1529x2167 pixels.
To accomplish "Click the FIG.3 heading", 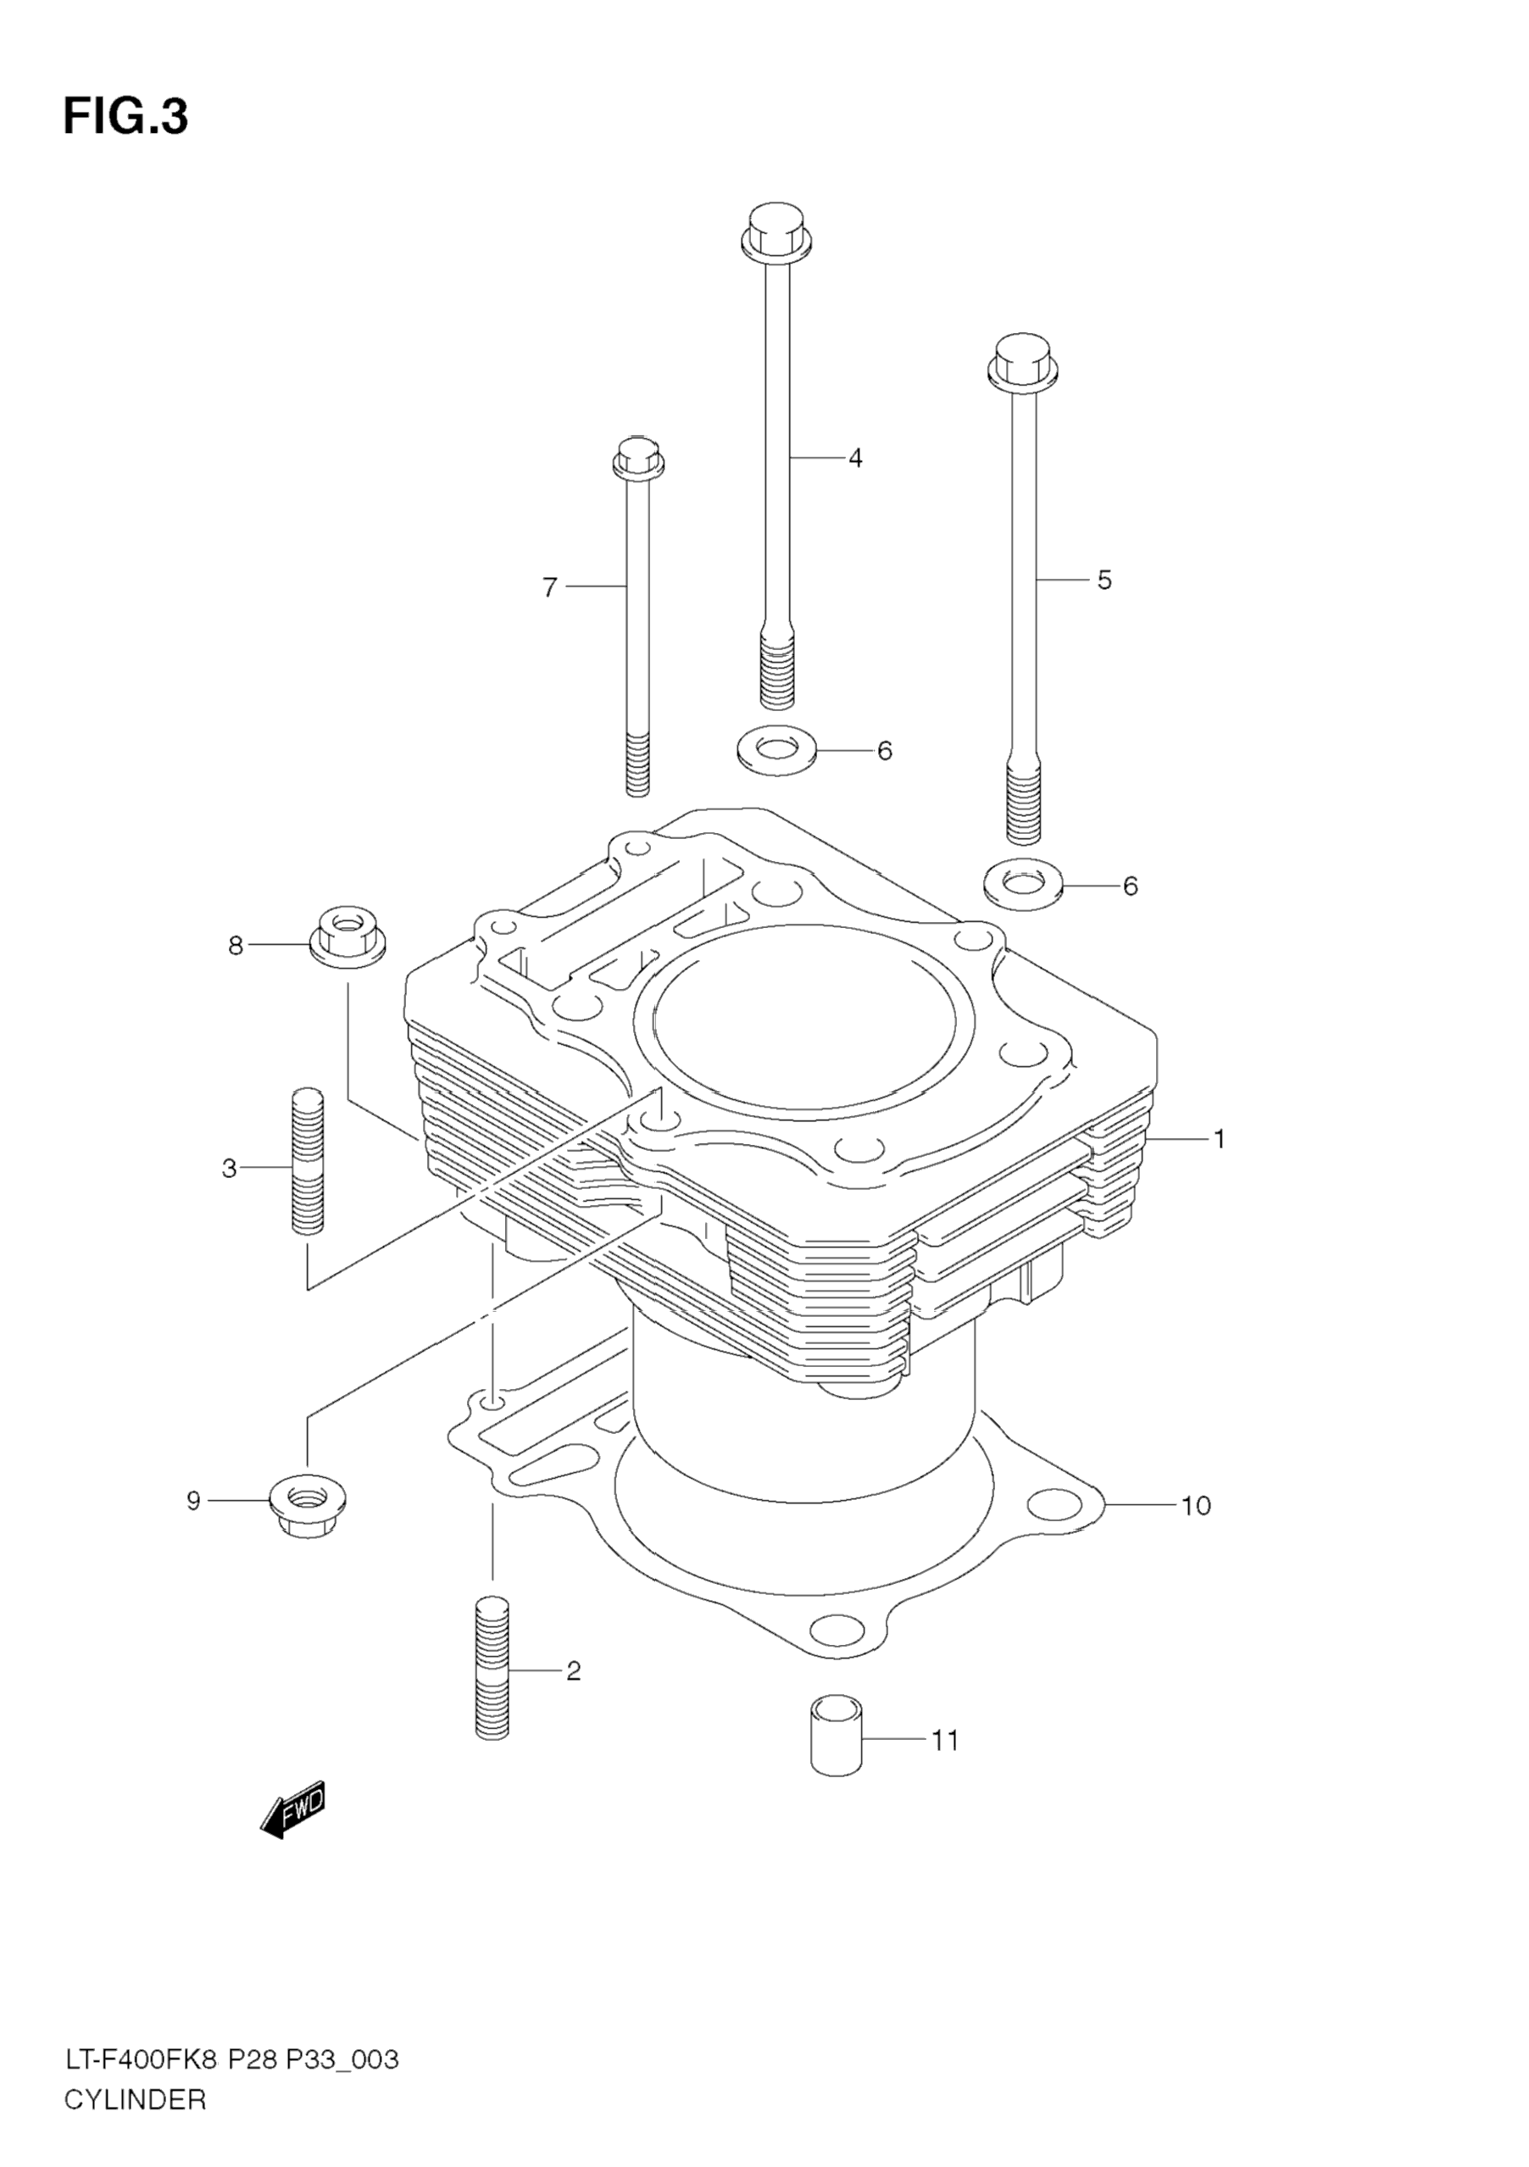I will click(x=125, y=117).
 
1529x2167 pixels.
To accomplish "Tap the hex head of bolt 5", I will click(x=1022, y=362).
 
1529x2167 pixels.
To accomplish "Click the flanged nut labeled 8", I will click(x=347, y=936).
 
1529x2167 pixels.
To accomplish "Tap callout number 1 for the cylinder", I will click(x=1219, y=1139).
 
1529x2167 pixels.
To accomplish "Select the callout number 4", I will click(x=854, y=458).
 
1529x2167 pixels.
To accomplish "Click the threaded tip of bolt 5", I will click(x=1023, y=803).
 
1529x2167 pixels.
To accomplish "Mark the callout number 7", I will click(x=550, y=587).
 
